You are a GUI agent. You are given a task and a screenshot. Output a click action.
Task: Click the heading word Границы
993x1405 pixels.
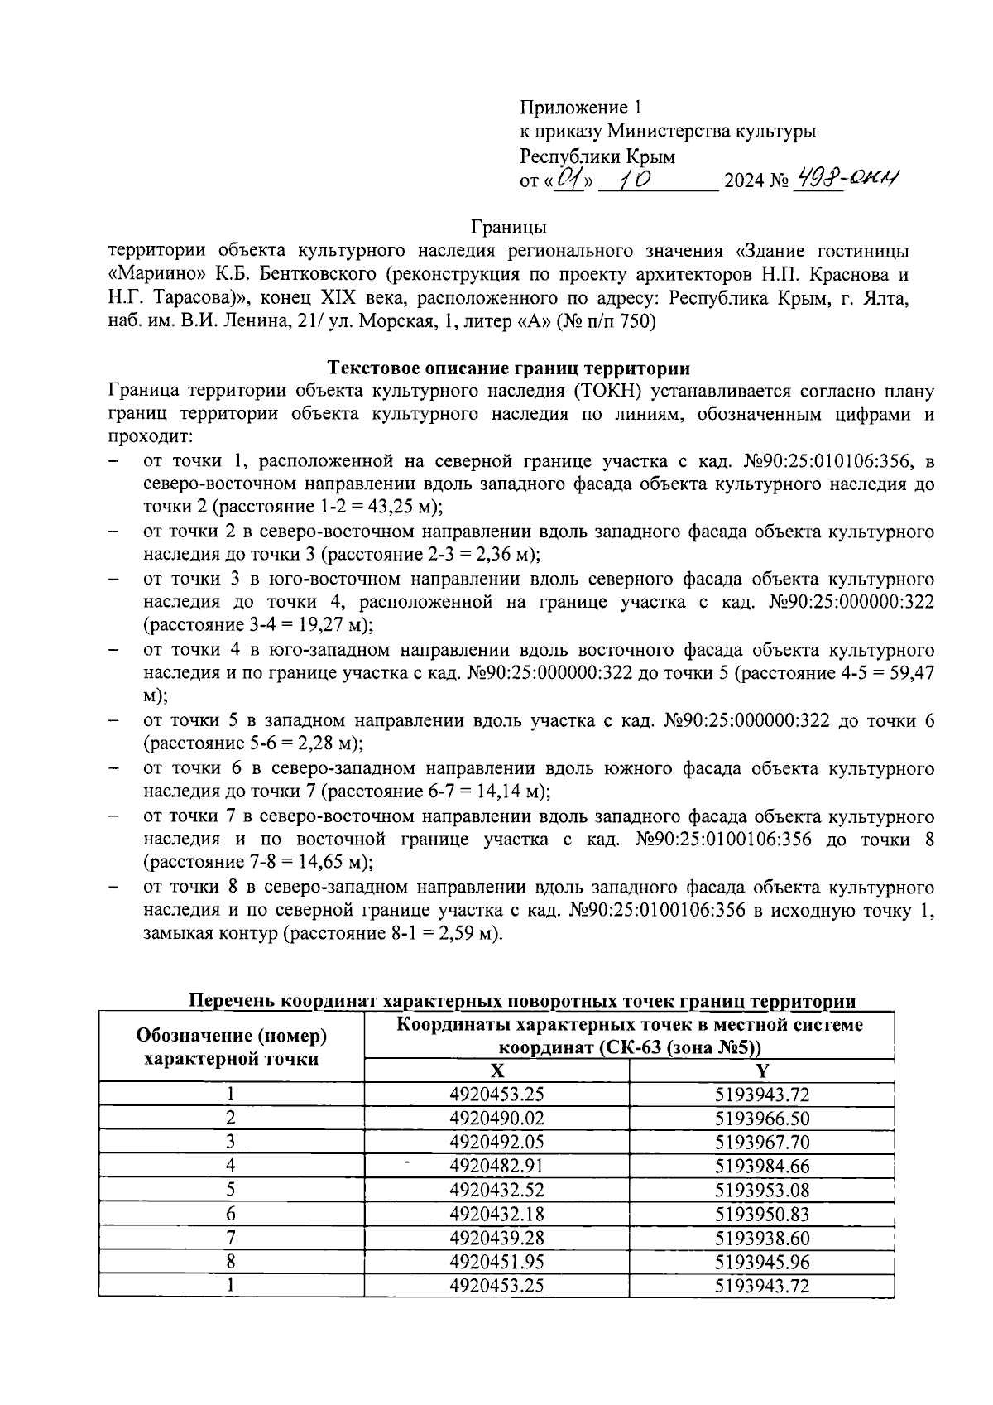(508, 226)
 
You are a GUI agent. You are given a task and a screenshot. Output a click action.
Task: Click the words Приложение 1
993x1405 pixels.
(580, 107)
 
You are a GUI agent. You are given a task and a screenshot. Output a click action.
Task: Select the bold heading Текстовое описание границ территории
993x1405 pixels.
(509, 368)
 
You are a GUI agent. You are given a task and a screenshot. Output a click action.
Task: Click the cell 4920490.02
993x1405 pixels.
(496, 1119)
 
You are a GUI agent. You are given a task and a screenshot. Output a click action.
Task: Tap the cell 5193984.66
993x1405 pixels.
(761, 1167)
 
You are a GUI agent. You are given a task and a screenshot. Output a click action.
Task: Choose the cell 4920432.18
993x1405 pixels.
(496, 1215)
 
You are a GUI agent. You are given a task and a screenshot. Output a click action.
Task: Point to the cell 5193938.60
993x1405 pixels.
(761, 1239)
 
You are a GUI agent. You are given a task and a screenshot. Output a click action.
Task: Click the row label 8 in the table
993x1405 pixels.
(231, 1263)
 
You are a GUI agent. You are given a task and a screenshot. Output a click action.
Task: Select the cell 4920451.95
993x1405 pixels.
(496, 1263)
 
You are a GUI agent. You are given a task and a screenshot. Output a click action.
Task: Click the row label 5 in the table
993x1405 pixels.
(231, 1191)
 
